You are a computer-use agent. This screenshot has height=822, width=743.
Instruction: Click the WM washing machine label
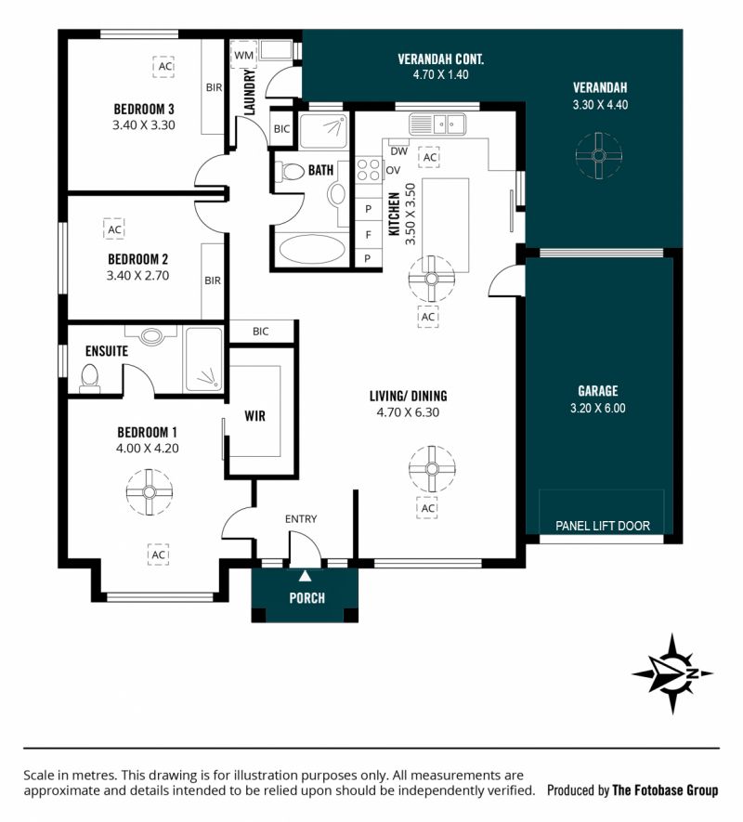point(244,55)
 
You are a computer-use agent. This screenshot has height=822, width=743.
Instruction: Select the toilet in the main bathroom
point(290,172)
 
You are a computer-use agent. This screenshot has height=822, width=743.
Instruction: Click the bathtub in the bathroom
point(312,249)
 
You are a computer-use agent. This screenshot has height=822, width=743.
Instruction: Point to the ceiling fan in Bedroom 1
point(150,491)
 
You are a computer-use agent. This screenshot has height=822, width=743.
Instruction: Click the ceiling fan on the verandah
point(599,155)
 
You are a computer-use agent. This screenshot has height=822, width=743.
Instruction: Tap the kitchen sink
point(437,124)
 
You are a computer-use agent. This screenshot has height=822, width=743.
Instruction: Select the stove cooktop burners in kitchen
point(368,170)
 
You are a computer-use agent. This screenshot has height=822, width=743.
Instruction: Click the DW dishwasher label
point(399,151)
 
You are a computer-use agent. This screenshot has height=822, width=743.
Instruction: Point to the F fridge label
point(368,234)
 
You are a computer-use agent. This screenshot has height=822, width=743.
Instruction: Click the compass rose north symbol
point(672,673)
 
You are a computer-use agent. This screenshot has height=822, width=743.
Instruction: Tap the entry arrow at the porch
point(305,576)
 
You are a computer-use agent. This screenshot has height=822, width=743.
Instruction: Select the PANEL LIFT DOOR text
point(603,526)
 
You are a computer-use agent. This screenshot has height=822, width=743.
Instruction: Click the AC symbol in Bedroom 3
point(164,67)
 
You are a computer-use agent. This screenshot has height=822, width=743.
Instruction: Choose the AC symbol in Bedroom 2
point(114,229)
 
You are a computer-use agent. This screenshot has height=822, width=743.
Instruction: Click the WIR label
point(254,416)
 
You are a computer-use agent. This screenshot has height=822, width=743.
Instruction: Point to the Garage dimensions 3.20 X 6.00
point(598,408)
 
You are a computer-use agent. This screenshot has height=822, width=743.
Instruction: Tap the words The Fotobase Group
point(665,789)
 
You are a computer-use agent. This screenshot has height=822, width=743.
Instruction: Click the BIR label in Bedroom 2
point(213,281)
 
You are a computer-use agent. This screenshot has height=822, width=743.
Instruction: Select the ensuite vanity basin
point(151,334)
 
